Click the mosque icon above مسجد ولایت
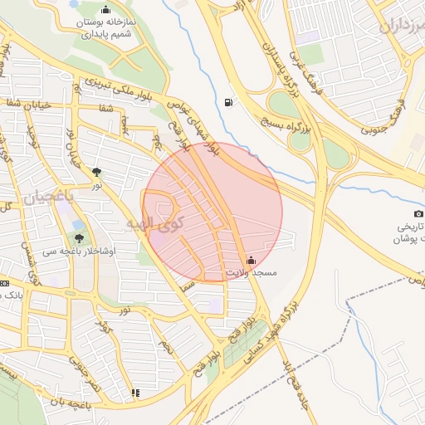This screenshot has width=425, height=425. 252,260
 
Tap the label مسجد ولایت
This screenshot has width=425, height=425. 252,273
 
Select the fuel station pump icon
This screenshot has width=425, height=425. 227,103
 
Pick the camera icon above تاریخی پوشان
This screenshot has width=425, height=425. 418,213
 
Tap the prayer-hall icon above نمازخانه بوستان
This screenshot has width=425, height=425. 105,9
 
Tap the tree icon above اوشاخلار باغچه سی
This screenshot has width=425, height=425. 79,237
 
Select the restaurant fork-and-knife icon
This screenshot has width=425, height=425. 135,393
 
